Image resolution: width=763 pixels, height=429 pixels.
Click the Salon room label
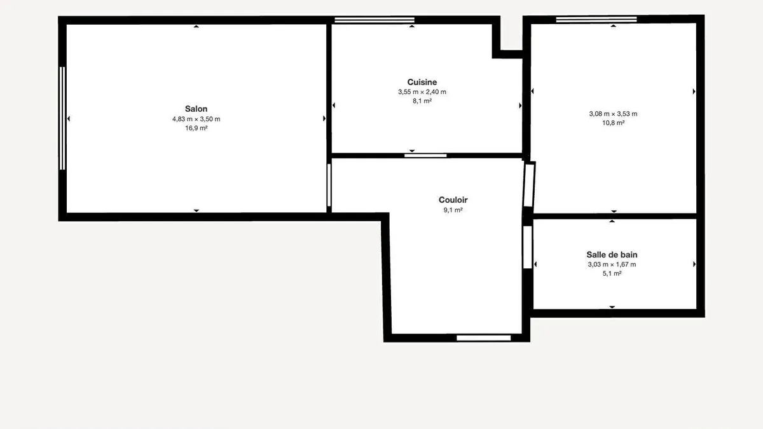(x=196, y=109)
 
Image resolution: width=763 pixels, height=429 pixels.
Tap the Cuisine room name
(x=422, y=82)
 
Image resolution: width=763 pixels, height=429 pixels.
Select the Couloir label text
(x=453, y=200)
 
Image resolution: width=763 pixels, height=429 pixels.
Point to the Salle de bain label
(x=612, y=255)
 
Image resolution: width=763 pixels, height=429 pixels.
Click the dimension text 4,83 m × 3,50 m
(x=196, y=119)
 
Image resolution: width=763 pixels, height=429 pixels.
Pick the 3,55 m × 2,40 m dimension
(x=422, y=92)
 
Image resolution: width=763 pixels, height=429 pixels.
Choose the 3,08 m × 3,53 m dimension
(x=613, y=114)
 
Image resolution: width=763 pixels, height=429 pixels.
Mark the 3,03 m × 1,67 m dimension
(x=612, y=264)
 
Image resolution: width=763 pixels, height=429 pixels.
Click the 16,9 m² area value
(x=196, y=128)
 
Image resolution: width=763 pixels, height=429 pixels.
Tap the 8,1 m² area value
(x=422, y=101)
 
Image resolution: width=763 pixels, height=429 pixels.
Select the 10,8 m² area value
(x=613, y=123)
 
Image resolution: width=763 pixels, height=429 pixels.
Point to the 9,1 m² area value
(x=453, y=210)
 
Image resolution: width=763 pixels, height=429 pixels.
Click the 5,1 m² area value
(x=612, y=273)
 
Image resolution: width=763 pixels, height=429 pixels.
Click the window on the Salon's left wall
(x=62, y=118)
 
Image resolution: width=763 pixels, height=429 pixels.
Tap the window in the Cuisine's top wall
(x=375, y=20)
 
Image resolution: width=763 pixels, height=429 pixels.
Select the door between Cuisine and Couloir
(x=425, y=156)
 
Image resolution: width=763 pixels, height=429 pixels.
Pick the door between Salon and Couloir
(x=329, y=185)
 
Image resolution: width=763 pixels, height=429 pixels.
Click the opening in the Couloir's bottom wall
(x=484, y=337)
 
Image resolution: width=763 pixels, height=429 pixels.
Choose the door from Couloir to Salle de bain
(x=528, y=247)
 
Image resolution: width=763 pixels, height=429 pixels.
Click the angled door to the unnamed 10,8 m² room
(x=529, y=185)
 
